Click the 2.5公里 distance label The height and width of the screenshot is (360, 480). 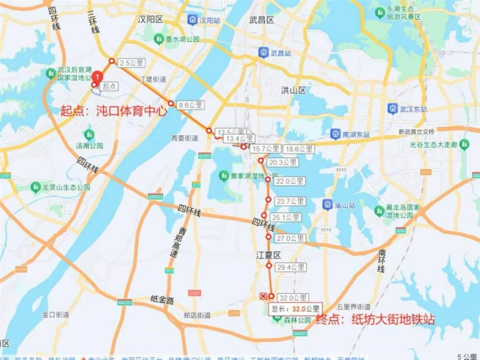(132, 63)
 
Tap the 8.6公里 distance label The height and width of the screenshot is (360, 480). (190, 105)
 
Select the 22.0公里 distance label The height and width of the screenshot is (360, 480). (289, 181)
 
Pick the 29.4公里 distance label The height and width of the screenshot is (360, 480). (291, 267)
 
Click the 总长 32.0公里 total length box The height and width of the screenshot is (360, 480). (295, 309)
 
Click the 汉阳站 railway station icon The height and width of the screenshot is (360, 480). (193, 20)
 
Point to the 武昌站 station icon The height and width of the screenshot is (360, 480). (264, 53)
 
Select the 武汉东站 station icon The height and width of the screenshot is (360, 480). (393, 109)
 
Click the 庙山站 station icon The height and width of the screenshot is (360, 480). (328, 205)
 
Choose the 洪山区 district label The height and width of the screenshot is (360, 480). (294, 90)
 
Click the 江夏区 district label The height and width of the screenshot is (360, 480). (268, 255)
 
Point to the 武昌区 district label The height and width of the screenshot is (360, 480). (262, 20)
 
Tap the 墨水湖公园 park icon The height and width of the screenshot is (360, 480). (159, 39)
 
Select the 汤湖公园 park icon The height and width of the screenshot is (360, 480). (89, 134)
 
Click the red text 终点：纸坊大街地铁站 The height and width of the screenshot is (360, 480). (375, 319)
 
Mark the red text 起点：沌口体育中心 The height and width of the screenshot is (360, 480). (114, 111)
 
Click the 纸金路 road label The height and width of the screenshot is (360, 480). (162, 300)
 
